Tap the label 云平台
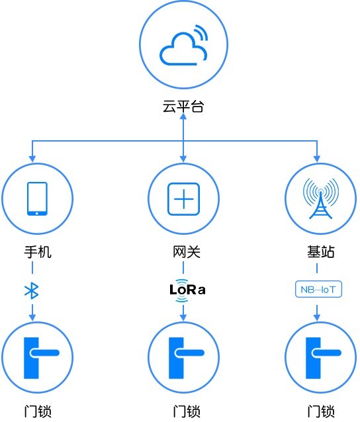pyautogui.click(x=183, y=106)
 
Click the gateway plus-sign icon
pyautogui.click(x=183, y=199)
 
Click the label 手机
pyautogui.click(x=38, y=252)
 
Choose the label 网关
pyautogui.click(x=187, y=252)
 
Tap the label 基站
pyautogui.click(x=321, y=252)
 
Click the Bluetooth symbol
pyautogui.click(x=32, y=290)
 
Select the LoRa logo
pyautogui.click(x=187, y=290)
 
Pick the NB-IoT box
pyautogui.click(x=318, y=289)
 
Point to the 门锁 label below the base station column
pyautogui.click(x=321, y=412)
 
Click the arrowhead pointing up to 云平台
pyautogui.click(x=183, y=116)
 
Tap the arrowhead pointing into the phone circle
pyautogui.click(x=32, y=159)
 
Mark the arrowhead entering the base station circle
pyautogui.click(x=317, y=159)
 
